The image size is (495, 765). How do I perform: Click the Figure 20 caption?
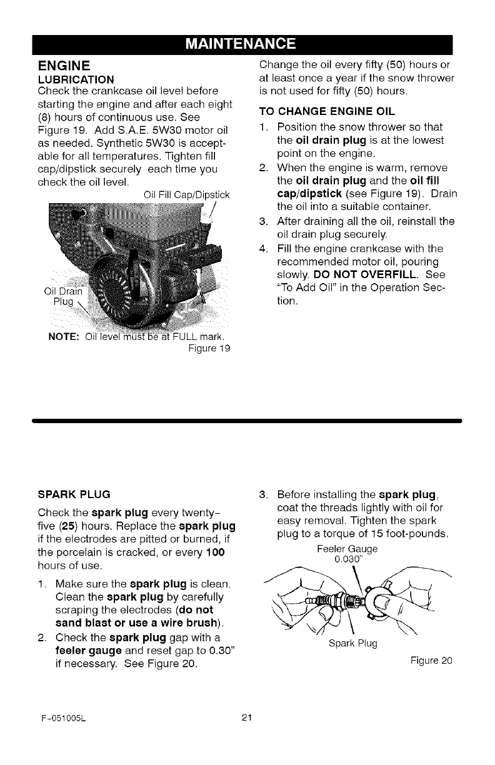tap(431, 660)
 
